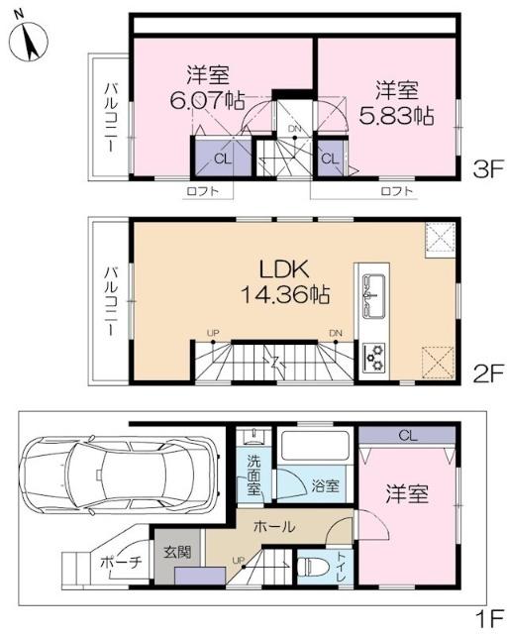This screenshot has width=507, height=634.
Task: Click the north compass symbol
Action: (x=28, y=42)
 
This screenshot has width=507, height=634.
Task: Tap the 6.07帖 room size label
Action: (x=207, y=101)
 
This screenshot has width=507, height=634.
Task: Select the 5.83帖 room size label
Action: (x=397, y=116)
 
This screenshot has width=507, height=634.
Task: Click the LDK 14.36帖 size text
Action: (x=285, y=294)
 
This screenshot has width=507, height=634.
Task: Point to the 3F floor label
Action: (x=489, y=169)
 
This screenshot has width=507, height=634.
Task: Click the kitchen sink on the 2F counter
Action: (x=372, y=296)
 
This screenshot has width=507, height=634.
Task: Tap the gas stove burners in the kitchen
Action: (x=374, y=357)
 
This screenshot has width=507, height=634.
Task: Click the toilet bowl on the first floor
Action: (x=312, y=568)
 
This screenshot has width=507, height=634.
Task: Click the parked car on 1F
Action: (x=119, y=475)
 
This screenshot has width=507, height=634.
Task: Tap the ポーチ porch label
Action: (x=121, y=563)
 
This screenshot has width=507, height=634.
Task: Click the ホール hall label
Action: (x=274, y=526)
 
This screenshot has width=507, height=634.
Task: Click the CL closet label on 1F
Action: (x=408, y=436)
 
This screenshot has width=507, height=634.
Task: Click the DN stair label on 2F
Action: (x=336, y=333)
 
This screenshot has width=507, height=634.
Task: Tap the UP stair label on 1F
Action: (x=239, y=561)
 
